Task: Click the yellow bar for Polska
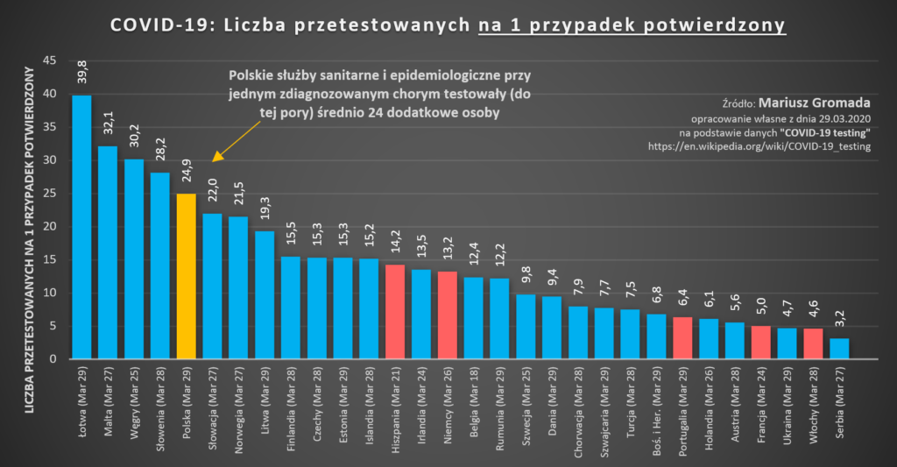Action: point(186,277)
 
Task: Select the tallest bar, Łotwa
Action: point(81,228)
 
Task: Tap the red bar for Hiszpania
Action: point(395,312)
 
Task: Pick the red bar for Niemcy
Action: point(448,315)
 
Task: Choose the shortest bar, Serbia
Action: point(839,349)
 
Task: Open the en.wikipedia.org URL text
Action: point(759,146)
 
